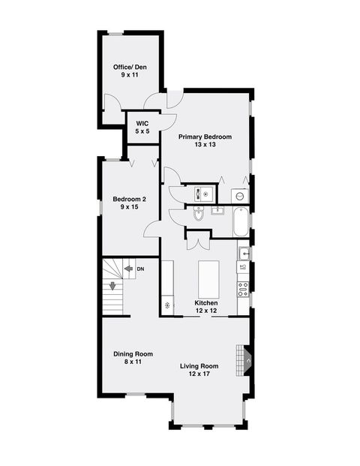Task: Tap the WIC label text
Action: (x=142, y=122)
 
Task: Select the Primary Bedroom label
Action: (x=204, y=137)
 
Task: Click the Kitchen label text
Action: (x=205, y=303)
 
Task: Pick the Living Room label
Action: (x=199, y=366)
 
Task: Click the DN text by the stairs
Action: (x=140, y=268)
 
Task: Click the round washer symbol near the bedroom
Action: (x=239, y=194)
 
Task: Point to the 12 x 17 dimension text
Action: (x=199, y=374)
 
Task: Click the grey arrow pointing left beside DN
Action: (x=128, y=268)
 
